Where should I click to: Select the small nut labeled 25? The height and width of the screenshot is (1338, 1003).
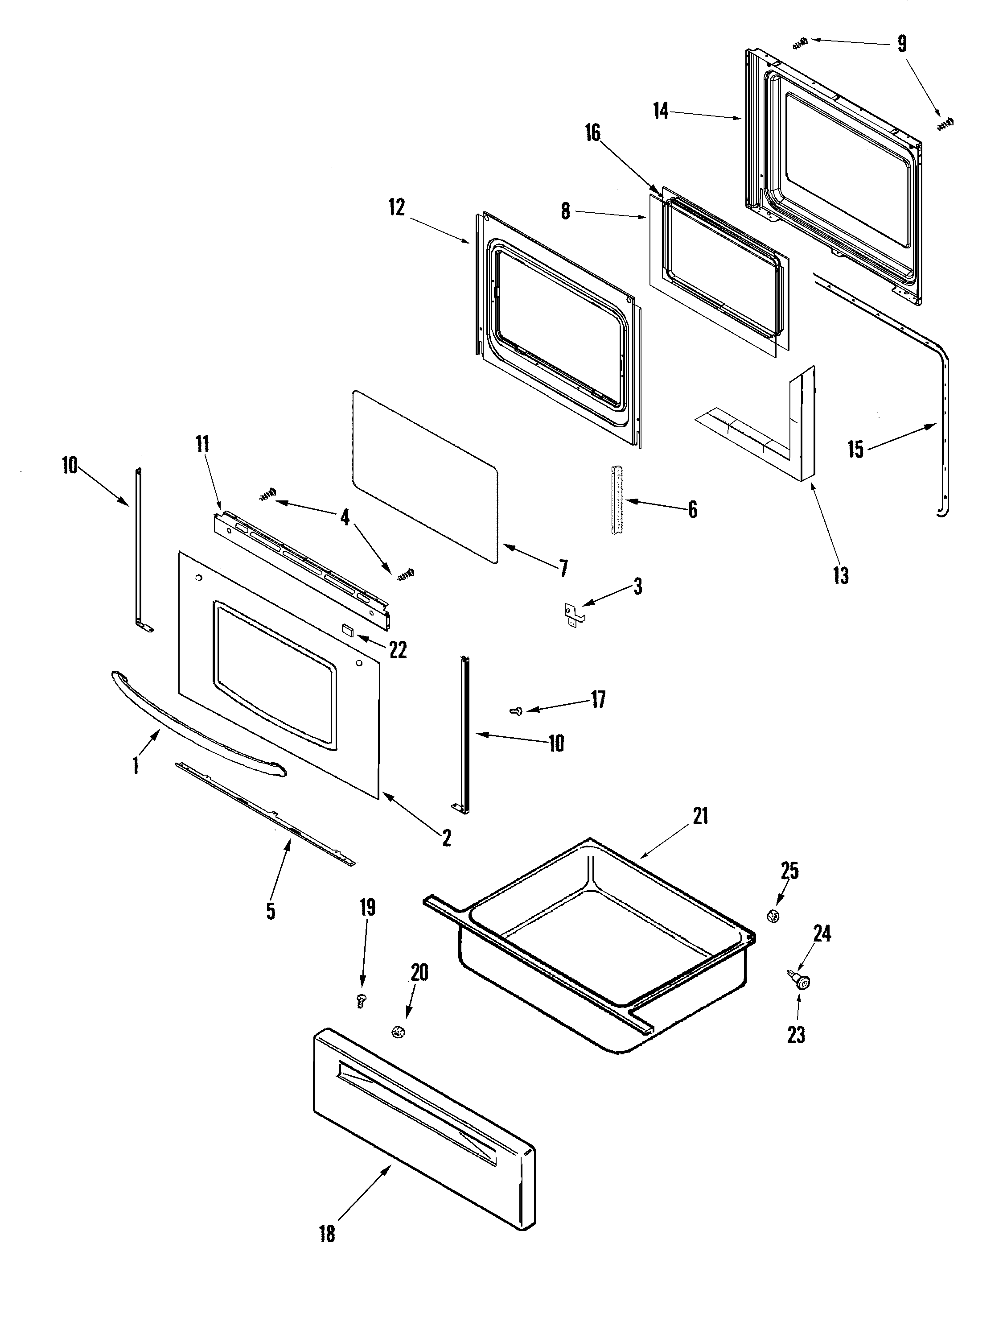click(x=772, y=915)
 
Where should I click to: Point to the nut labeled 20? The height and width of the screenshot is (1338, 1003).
click(x=398, y=1032)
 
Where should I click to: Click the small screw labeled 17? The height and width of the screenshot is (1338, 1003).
click(x=517, y=713)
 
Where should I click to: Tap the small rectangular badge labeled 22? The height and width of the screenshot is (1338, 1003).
click(x=346, y=630)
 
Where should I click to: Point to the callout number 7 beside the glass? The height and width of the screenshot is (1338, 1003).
click(x=563, y=568)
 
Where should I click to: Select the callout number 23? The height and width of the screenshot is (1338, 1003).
click(x=796, y=1035)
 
